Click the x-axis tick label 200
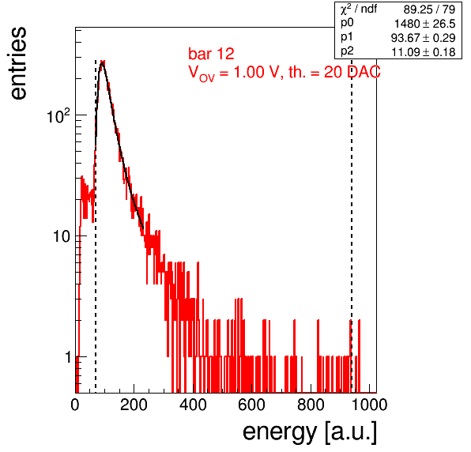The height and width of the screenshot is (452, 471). click(134, 405)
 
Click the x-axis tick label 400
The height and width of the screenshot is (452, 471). click(193, 405)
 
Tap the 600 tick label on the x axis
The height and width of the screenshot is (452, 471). click(252, 405)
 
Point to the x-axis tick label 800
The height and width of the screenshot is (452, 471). click(311, 405)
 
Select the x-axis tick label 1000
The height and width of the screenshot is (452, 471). click(369, 405)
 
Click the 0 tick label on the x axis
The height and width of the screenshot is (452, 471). click(75, 405)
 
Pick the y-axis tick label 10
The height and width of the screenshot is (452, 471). click(62, 236)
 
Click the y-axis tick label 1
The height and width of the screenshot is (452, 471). click(68, 357)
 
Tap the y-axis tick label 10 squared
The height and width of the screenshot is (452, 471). click(58, 116)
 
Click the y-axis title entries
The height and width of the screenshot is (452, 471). click(19, 63)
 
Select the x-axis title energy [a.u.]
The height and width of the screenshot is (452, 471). click(310, 432)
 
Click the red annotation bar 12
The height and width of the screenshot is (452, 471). click(211, 54)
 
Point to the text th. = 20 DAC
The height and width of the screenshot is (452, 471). click(334, 72)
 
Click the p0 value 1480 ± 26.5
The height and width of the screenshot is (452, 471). click(424, 24)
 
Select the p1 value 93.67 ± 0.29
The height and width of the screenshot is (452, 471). click(424, 38)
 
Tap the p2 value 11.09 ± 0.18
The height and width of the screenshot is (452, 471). click(424, 52)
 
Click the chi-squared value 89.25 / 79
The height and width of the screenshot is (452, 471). click(429, 9)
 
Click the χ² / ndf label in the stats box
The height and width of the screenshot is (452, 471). click(359, 9)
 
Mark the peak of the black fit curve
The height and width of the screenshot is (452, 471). click(103, 62)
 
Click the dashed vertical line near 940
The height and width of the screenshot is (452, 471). click(352, 225)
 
